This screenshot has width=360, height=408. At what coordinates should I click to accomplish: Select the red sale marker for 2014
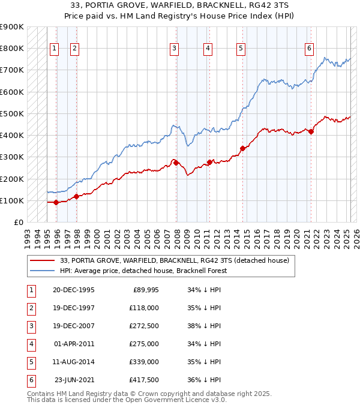(242, 148)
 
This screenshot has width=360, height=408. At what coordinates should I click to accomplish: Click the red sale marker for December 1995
(56, 202)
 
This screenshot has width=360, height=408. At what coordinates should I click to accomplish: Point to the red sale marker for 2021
(311, 131)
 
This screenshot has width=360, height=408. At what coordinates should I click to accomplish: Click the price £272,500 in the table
(145, 326)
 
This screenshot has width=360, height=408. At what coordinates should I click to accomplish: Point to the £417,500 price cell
(145, 380)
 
